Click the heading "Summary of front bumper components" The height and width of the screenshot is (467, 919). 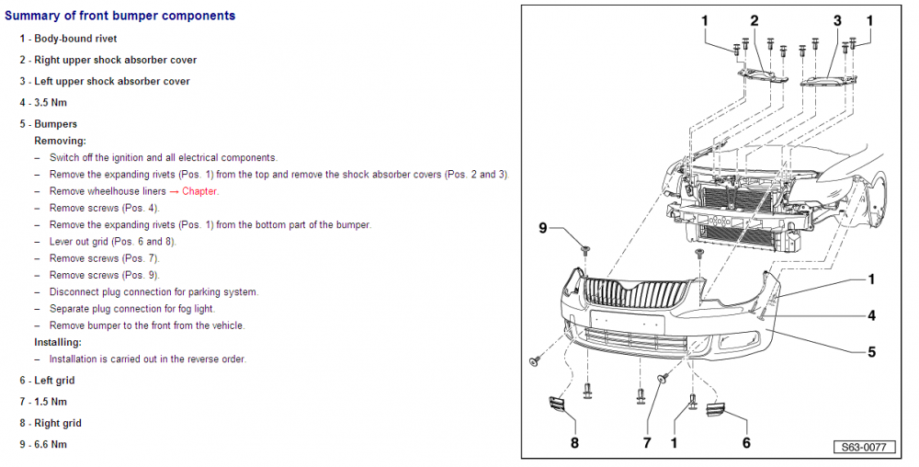click(x=120, y=16)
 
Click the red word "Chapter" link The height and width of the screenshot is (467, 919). click(x=199, y=191)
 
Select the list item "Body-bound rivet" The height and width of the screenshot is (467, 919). click(x=75, y=39)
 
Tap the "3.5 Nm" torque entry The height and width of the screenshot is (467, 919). click(x=51, y=103)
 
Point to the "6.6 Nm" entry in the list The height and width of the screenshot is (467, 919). click(x=51, y=444)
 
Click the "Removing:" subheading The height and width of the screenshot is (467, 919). click(x=61, y=141)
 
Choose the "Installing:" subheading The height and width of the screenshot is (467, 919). click(x=58, y=342)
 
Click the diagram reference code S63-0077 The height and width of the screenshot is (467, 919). click(x=865, y=447)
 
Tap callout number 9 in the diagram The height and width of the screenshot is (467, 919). click(x=543, y=228)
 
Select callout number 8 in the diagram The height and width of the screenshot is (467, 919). click(x=574, y=442)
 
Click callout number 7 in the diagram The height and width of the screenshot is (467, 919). click(x=647, y=442)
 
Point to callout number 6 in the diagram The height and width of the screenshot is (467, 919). click(x=746, y=442)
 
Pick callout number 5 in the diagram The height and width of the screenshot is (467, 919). click(x=871, y=352)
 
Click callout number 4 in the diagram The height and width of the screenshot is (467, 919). click(x=871, y=316)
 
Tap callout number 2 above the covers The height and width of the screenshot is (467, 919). click(x=754, y=21)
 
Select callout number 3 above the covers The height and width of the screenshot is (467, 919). click(x=837, y=21)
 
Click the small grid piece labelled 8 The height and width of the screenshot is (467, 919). click(x=555, y=404)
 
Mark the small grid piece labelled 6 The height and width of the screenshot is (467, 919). click(x=716, y=409)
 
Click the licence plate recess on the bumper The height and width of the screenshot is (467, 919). click(x=627, y=321)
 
